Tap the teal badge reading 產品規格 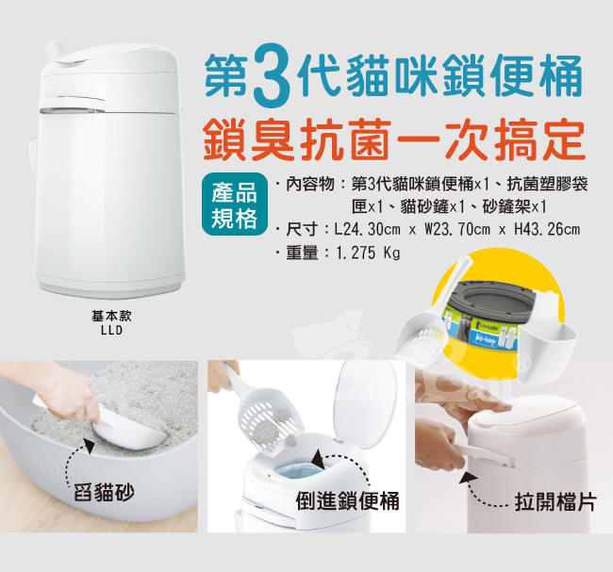(x=235, y=204)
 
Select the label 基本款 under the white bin (x=112, y=316)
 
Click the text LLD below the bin (x=112, y=331)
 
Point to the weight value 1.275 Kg (x=368, y=253)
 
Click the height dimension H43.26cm (x=547, y=229)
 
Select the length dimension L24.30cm (x=367, y=229)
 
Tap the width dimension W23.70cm (x=457, y=229)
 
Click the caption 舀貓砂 (x=104, y=492)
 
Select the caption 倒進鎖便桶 (x=348, y=501)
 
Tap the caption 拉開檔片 (x=555, y=501)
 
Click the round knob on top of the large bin (x=56, y=50)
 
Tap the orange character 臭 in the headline (x=273, y=140)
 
